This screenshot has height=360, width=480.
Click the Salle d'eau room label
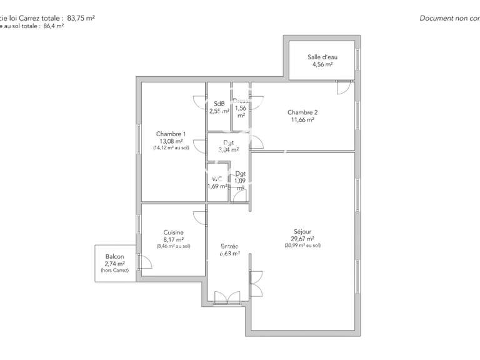click(322, 57)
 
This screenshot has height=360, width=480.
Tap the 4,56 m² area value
click(322, 64)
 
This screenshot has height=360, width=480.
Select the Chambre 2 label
click(302, 112)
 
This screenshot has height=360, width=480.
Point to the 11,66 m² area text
click(302, 120)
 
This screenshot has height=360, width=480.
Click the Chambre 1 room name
click(171, 134)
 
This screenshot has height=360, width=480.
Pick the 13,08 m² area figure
click(171, 141)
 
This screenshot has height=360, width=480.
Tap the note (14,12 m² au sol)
click(171, 148)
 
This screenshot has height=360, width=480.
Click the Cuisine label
click(173, 232)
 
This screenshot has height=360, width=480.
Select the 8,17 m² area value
click(173, 239)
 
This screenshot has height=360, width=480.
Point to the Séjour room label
click(302, 231)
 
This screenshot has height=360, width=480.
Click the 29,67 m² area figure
click(302, 239)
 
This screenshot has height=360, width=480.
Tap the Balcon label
click(114, 257)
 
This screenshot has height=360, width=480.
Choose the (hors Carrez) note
click(114, 271)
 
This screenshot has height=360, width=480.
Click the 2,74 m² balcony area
click(114, 264)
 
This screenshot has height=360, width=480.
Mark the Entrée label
click(229, 246)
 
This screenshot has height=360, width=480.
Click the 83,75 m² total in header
click(81, 19)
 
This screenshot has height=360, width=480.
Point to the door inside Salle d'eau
click(343, 87)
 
